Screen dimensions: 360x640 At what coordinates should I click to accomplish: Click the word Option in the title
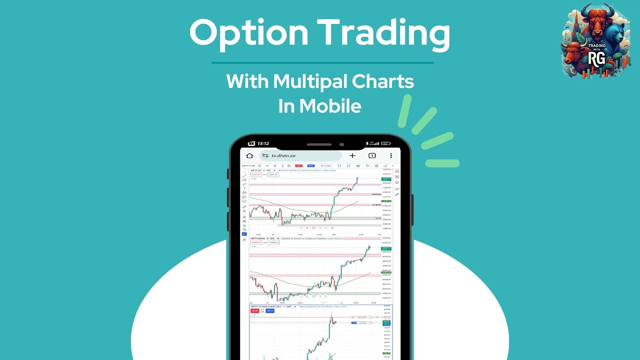pyautogui.click(x=248, y=33)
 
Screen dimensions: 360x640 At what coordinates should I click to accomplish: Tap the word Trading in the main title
pyautogui.click(x=384, y=33)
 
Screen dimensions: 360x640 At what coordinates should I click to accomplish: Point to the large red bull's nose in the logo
pyautogui.click(x=595, y=35)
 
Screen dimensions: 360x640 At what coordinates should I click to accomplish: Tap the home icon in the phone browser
pyautogui.click(x=249, y=155)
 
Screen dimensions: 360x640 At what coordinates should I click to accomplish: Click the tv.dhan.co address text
pyautogui.click(x=283, y=156)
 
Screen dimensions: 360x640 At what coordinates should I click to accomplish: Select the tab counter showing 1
pyautogui.click(x=372, y=155)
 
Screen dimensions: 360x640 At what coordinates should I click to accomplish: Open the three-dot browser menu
pyautogui.click(x=391, y=155)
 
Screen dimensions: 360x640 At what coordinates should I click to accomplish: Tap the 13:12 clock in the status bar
pyautogui.click(x=263, y=143)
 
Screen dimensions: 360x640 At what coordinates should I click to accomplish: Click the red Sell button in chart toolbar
pyautogui.click(x=298, y=165)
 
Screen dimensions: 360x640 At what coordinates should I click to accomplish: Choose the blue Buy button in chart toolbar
pyautogui.click(x=310, y=165)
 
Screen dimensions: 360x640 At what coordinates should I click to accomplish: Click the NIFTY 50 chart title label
pyautogui.click(x=258, y=170)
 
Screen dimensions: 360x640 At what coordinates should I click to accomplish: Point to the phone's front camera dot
pyautogui.click(x=341, y=144)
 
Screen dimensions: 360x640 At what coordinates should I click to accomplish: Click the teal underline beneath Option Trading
pyautogui.click(x=322, y=63)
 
